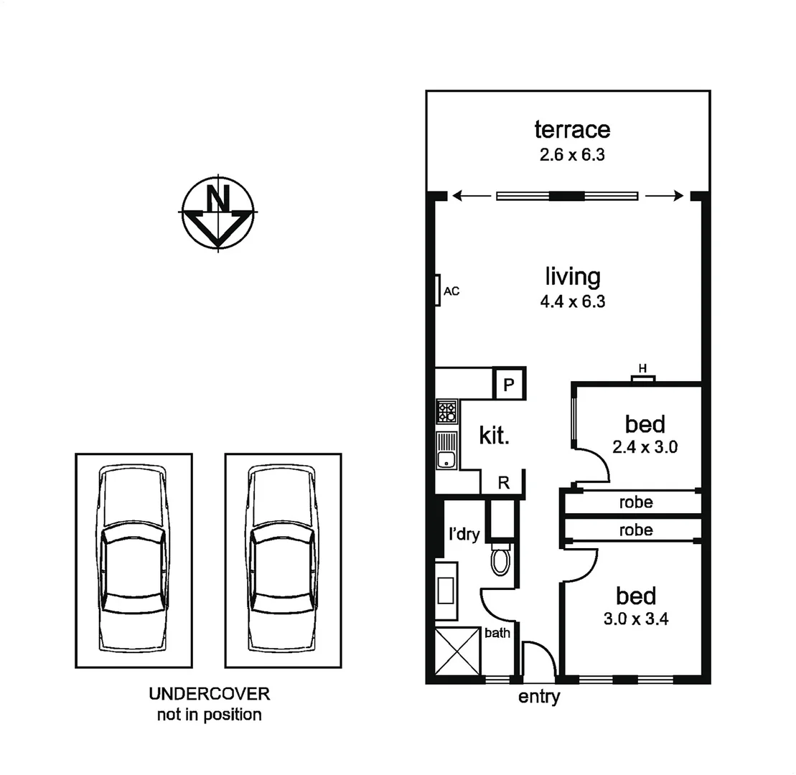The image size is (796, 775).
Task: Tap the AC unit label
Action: tap(451, 291)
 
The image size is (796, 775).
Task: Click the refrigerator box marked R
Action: tap(504, 483)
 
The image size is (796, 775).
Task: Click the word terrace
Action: tap(572, 130)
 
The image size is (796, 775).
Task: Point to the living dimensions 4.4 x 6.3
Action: tap(572, 301)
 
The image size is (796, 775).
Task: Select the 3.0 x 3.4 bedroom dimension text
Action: tap(636, 619)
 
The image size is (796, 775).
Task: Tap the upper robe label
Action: tap(636, 502)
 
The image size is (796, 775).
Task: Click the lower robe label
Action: tap(636, 530)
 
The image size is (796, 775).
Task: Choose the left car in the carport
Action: tap(134, 560)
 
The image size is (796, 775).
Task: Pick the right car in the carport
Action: tap(283, 560)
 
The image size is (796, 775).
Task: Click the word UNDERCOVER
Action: tap(209, 694)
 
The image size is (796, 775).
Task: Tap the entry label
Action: tap(539, 697)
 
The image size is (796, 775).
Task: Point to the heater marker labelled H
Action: tap(643, 369)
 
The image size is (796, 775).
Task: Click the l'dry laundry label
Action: tap(464, 535)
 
